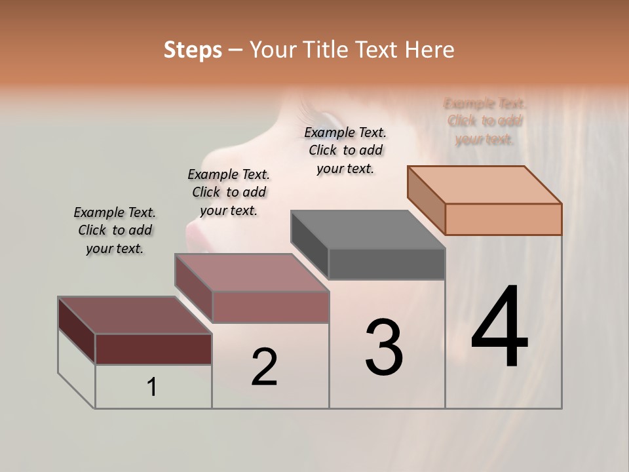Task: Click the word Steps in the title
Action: click(193, 50)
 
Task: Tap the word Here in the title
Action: click(430, 50)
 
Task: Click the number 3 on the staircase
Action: click(384, 347)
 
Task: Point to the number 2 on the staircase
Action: click(264, 367)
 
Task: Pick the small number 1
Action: click(152, 387)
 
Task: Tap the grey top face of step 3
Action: click(368, 229)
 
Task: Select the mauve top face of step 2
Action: click(252, 272)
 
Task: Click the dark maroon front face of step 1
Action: click(153, 349)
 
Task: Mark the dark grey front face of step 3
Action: click(387, 264)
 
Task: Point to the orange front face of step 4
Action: click(503, 219)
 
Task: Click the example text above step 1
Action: click(115, 230)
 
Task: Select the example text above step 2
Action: click(229, 192)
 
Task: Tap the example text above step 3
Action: click(345, 150)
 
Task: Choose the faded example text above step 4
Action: click(485, 121)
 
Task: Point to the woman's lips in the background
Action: click(197, 231)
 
